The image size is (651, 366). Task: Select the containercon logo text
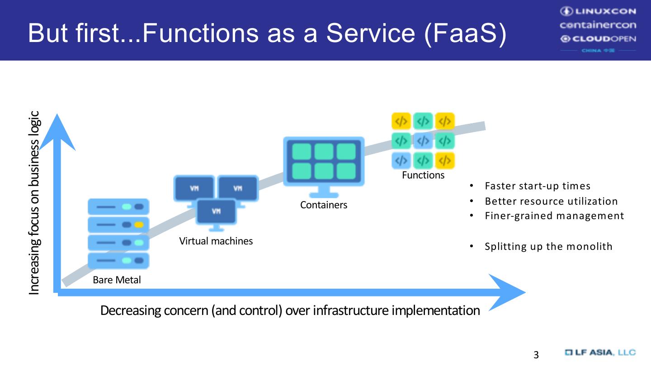[598, 25]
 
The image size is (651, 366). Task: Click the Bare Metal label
[117, 280]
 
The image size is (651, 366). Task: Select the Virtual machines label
[216, 241]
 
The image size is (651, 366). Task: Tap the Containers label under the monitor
[324, 205]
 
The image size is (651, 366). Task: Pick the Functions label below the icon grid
[423, 175]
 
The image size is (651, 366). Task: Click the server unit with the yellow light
[118, 225]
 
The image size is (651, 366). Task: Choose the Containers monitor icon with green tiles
[324, 162]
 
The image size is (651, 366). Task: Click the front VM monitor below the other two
[216, 212]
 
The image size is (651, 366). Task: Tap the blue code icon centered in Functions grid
[423, 141]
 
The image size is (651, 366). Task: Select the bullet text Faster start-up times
[538, 186]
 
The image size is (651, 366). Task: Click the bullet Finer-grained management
[554, 216]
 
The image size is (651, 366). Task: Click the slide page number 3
[536, 355]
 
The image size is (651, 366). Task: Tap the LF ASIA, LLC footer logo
[600, 352]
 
